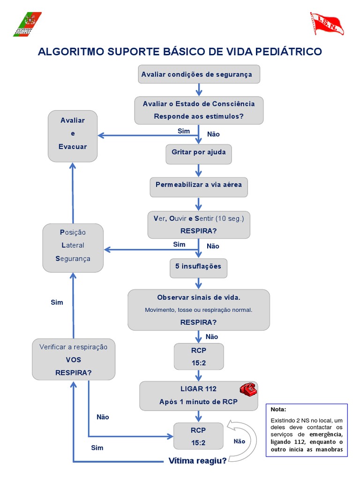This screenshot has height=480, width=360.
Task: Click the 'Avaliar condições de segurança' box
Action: pos(199,74)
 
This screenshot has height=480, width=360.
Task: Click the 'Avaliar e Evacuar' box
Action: pos(73,135)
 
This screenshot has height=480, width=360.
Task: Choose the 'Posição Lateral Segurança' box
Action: pos(73,247)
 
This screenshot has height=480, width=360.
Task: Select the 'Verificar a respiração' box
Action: pos(74,359)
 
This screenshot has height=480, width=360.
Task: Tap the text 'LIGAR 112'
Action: pos(198,389)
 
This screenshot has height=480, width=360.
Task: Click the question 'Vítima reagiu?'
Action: pos(197,461)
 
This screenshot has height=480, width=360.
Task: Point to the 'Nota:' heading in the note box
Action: pos(278,409)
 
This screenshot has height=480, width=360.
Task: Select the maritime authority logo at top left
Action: pos(27,24)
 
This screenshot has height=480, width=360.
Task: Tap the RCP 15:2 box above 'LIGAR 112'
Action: pos(198,356)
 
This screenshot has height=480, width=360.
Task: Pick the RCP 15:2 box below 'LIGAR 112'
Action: pos(198,435)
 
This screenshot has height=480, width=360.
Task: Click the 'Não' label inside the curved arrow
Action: pos(239,441)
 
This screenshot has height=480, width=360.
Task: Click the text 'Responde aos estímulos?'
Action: pos(199,116)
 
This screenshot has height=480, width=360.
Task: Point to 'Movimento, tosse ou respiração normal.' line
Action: pos(198,310)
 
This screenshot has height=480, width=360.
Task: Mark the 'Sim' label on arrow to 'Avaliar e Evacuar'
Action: pos(184,131)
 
